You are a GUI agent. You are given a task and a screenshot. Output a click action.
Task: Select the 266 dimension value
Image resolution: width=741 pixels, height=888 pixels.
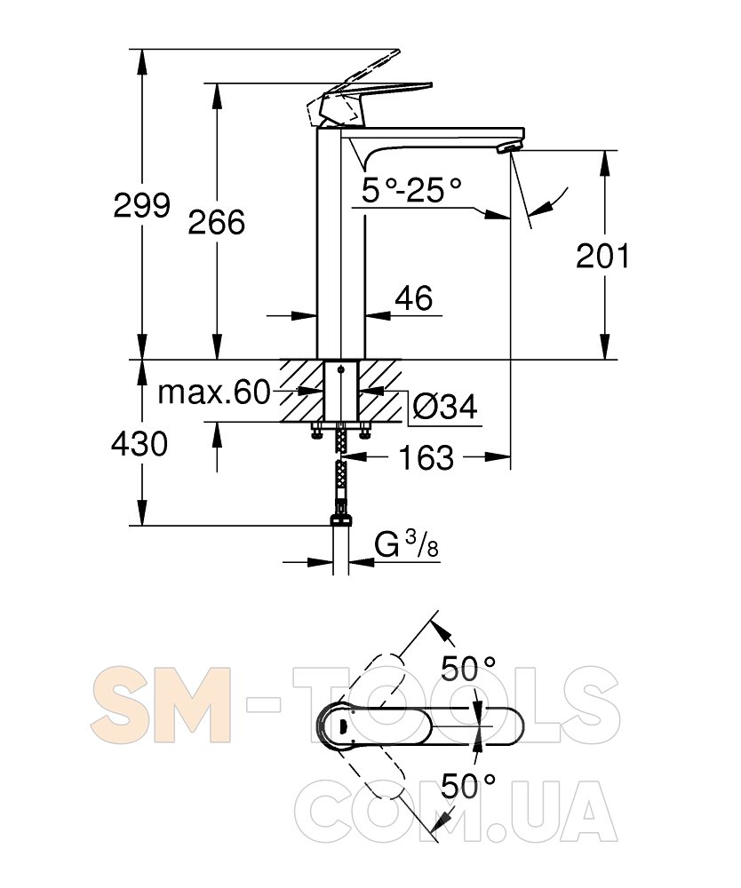tap(217, 221)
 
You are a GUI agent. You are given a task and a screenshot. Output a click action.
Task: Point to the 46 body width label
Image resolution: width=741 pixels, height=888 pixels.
tap(414, 297)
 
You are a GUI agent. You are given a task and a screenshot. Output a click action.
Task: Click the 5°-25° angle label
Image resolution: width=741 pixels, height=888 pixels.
tap(412, 190)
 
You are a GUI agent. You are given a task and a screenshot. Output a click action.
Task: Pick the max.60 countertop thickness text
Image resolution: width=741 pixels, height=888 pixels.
tap(214, 392)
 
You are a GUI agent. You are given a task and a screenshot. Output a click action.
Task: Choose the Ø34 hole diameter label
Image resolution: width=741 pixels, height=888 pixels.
tap(445, 406)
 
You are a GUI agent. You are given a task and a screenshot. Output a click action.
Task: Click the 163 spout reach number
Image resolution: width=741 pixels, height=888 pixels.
tap(426, 457)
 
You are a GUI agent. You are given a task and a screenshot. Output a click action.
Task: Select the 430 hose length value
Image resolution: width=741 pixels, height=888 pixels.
tap(139, 443)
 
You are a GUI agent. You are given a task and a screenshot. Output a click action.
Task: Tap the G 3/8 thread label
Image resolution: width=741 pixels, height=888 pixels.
tap(406, 545)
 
